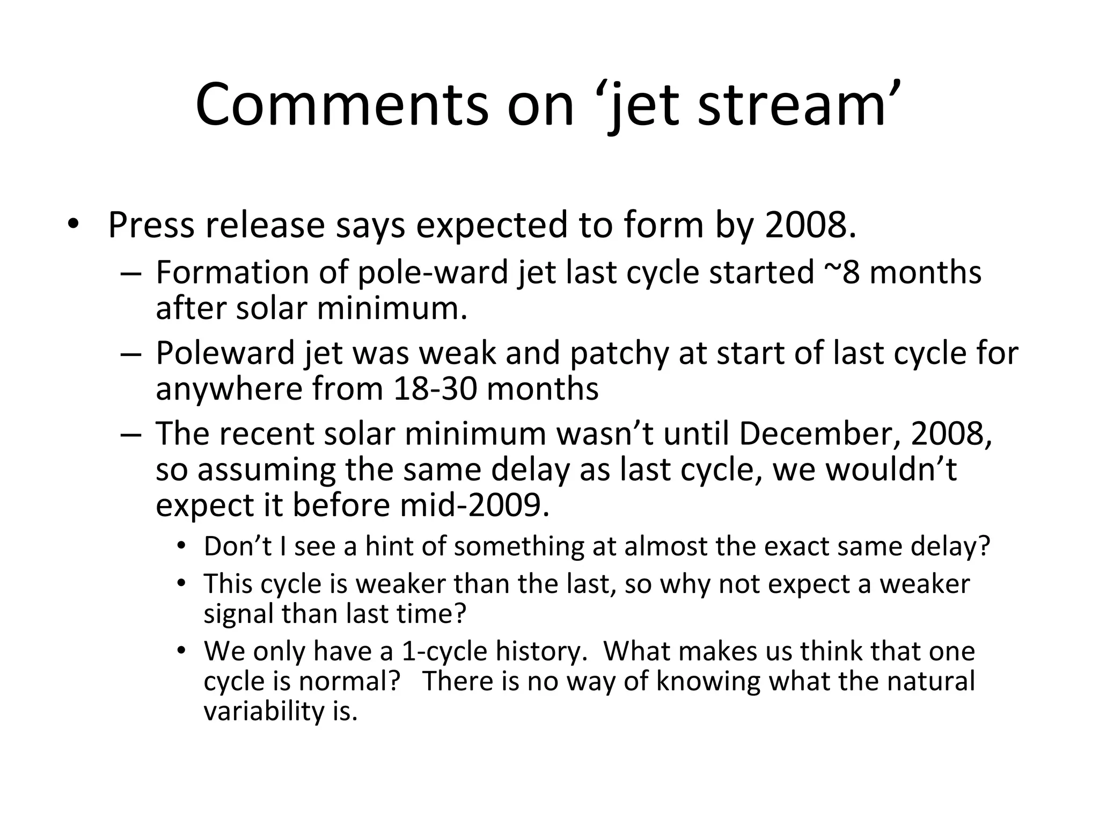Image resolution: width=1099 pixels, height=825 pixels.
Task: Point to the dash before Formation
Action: coord(131,272)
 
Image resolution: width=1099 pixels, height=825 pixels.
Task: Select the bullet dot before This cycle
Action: coord(182,583)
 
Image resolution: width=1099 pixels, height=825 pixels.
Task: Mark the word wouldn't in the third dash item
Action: coord(891,469)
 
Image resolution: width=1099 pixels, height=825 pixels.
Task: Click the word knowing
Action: coord(708,681)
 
